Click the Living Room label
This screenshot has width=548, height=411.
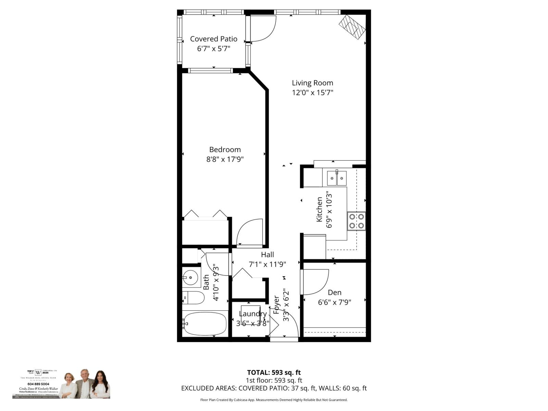click(x=312, y=83)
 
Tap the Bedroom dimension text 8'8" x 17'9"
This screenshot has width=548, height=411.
click(x=225, y=159)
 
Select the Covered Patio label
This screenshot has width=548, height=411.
click(x=214, y=39)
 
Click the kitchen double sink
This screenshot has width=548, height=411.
click(x=337, y=178)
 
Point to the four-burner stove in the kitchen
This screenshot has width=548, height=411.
click(x=356, y=221)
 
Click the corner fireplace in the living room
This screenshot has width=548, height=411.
click(x=352, y=27)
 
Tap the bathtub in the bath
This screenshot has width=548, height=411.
click(x=204, y=324)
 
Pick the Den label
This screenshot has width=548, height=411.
click(x=335, y=292)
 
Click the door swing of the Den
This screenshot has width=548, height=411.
click(x=315, y=282)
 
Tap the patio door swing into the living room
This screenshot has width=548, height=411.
click(x=263, y=28)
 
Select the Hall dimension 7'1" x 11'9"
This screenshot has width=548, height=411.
click(x=267, y=264)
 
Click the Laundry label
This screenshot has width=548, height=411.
click(x=253, y=314)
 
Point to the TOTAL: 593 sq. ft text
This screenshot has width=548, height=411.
click(x=274, y=373)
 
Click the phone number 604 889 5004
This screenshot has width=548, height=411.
click(x=35, y=384)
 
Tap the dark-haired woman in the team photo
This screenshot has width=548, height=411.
click(x=100, y=385)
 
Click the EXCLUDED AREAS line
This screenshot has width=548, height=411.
click(x=274, y=388)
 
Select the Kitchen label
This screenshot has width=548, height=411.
click(x=319, y=209)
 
